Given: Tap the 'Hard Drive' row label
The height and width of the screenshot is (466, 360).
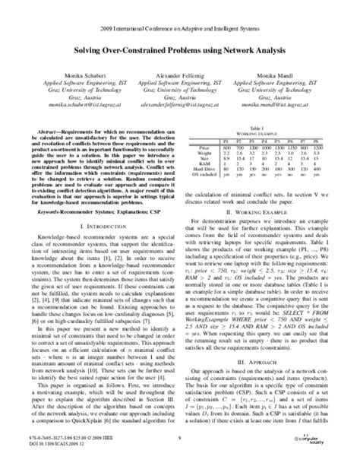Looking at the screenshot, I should point(205,168).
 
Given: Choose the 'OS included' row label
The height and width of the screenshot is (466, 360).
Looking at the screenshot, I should point(205,175).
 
